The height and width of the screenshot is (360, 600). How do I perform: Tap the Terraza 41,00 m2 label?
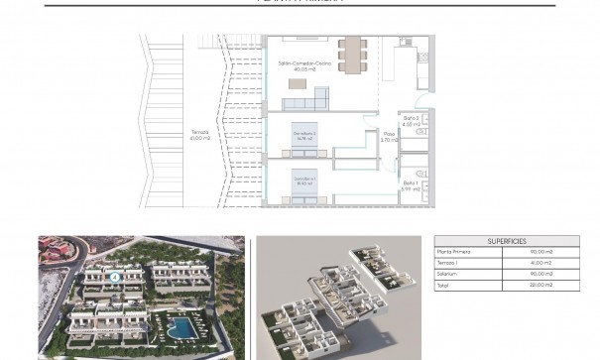coord(200,135)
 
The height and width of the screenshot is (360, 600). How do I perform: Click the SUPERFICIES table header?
coord(507,241)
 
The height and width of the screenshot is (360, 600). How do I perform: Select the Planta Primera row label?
coord(455,252)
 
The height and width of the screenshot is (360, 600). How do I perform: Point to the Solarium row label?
coord(450,273)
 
